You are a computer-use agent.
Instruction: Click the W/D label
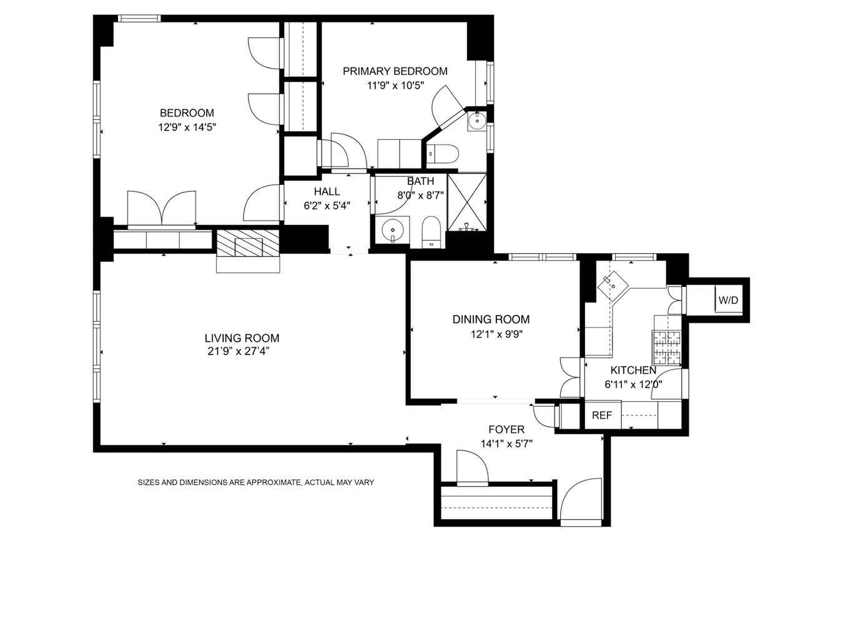[728, 301]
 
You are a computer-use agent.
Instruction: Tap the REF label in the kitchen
[602, 416]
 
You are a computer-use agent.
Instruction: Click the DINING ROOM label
[491, 319]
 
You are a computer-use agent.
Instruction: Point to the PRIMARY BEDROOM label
[395, 71]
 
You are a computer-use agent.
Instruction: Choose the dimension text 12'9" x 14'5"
[187, 127]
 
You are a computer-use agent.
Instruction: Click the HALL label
[327, 192]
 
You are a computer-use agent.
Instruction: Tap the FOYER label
[506, 430]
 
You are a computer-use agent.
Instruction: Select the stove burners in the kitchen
[666, 347]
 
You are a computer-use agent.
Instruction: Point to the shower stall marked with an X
[466, 201]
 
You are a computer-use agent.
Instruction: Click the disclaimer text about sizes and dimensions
[255, 482]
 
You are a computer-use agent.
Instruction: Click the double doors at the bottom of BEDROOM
[162, 207]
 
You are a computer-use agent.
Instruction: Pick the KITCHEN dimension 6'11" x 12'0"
[633, 385]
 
